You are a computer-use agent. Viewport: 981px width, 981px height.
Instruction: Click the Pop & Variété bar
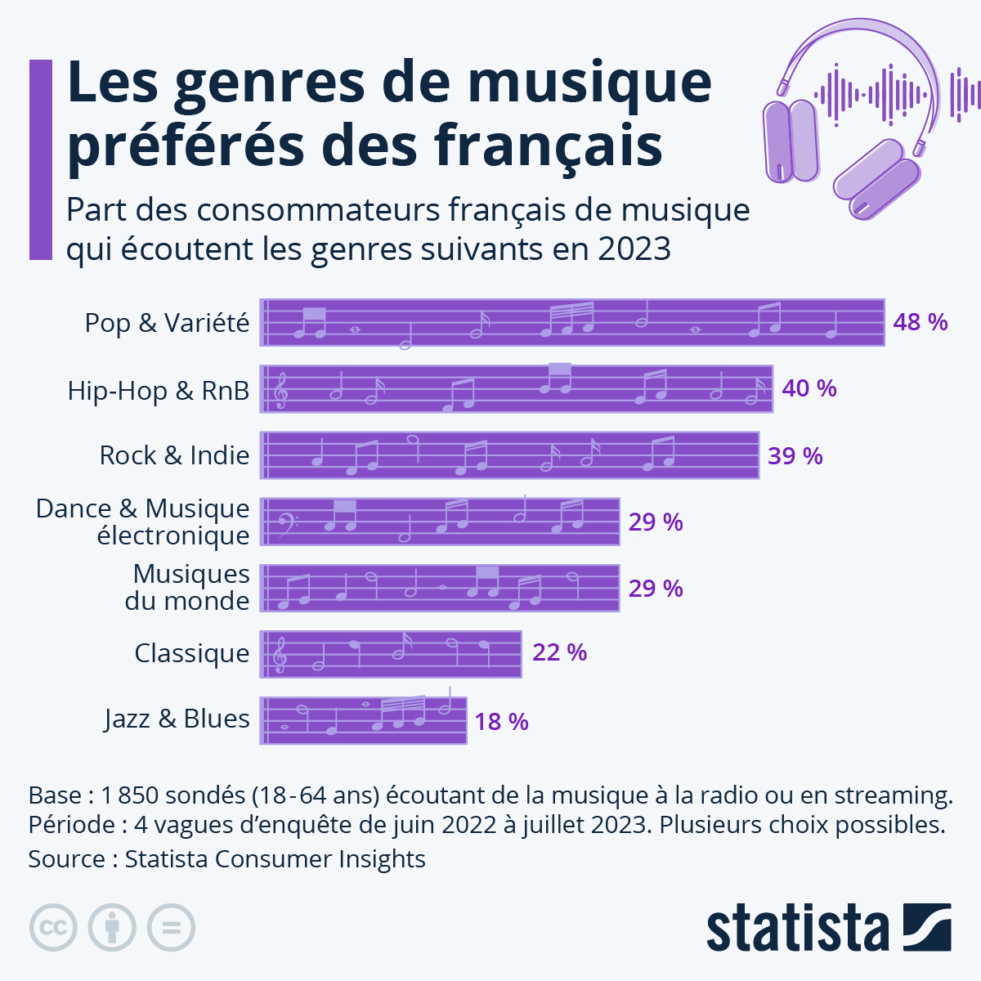click(572, 323)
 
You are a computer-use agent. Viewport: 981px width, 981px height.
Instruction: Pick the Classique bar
click(391, 654)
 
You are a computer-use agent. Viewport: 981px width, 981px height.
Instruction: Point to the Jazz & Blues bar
click(363, 720)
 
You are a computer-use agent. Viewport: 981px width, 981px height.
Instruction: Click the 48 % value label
click(920, 322)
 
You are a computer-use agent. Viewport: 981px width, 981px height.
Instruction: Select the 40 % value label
click(809, 388)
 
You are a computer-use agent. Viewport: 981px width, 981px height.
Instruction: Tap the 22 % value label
click(559, 652)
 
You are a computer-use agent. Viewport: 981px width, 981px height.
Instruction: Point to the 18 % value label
click(501, 722)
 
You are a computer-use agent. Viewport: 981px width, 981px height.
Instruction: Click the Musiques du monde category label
click(188, 587)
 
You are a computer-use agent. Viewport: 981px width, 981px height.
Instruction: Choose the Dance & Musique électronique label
click(143, 522)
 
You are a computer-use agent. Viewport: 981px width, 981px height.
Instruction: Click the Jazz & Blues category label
click(177, 719)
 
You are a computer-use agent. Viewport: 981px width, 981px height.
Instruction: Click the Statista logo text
click(797, 929)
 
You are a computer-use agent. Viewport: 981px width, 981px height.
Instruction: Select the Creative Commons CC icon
click(53, 928)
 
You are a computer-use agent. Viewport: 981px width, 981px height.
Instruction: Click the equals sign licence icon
click(171, 928)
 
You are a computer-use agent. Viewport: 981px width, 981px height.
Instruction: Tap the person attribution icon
click(112, 928)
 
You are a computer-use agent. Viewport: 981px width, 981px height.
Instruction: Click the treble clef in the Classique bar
click(280, 655)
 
